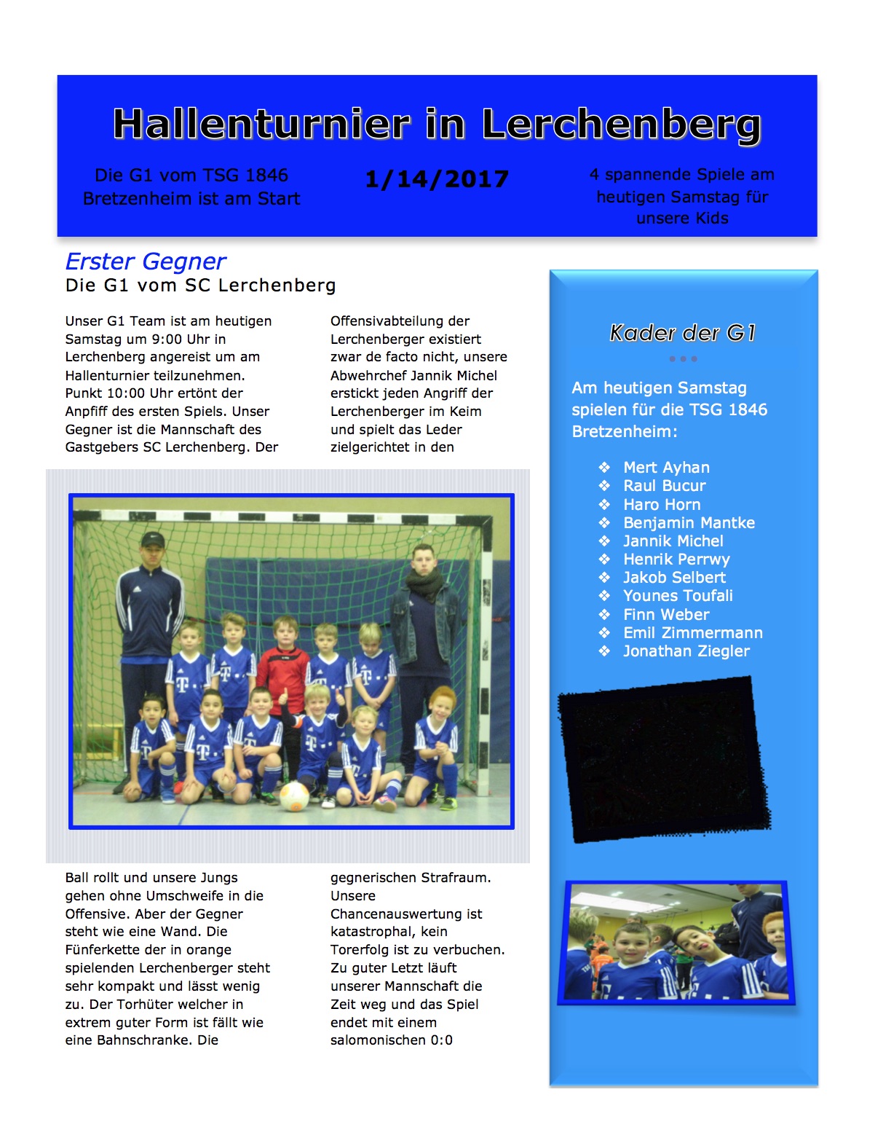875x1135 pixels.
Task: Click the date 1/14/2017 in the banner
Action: pos(437,179)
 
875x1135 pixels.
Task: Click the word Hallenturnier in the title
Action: pos(261,124)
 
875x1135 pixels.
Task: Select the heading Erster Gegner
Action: pos(146,262)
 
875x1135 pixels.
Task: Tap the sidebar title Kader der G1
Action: pos(683,333)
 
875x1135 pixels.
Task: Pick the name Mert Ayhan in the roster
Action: pos(666,468)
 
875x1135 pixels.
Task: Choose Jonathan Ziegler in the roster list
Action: pos(686,651)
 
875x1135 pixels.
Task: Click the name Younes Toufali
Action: pos(678,596)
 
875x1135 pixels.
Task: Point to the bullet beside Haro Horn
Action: pos(604,504)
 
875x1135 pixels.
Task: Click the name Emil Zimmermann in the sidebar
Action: pos(692,633)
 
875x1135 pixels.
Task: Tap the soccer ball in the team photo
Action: pos(294,797)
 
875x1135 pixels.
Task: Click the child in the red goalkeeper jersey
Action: pos(284,659)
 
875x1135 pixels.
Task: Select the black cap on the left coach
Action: pos(152,540)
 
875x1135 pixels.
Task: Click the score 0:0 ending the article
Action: pos(441,1040)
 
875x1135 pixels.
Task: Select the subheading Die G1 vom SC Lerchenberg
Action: pos(200,286)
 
